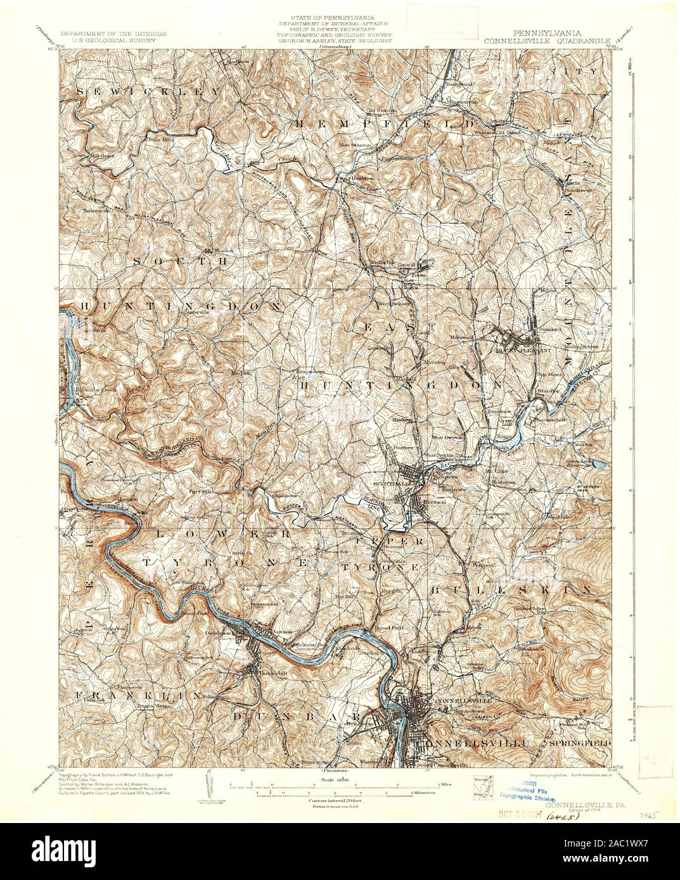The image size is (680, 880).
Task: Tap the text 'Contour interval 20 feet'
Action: pos(339,800)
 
